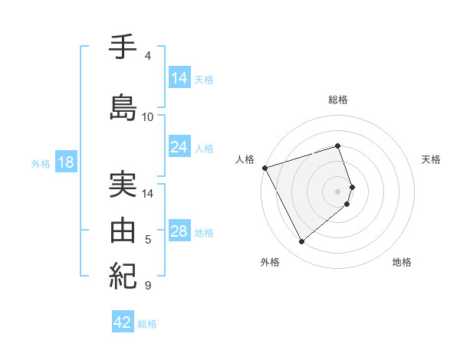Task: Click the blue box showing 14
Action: (x=179, y=77)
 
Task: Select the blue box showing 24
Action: (x=179, y=147)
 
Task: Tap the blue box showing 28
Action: (x=179, y=231)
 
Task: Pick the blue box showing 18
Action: (x=65, y=162)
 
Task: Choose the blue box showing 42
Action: (x=123, y=322)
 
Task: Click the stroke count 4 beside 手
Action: (x=148, y=56)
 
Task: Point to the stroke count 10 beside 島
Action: (x=148, y=117)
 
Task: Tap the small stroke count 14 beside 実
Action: (x=148, y=194)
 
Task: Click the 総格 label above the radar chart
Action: (x=338, y=100)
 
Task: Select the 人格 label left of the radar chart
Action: (x=245, y=159)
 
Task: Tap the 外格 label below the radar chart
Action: (x=270, y=263)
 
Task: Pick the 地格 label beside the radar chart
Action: (x=402, y=263)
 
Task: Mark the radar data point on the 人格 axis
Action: (x=264, y=167)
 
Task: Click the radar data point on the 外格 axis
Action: (x=301, y=241)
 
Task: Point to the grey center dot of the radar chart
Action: (x=338, y=191)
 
